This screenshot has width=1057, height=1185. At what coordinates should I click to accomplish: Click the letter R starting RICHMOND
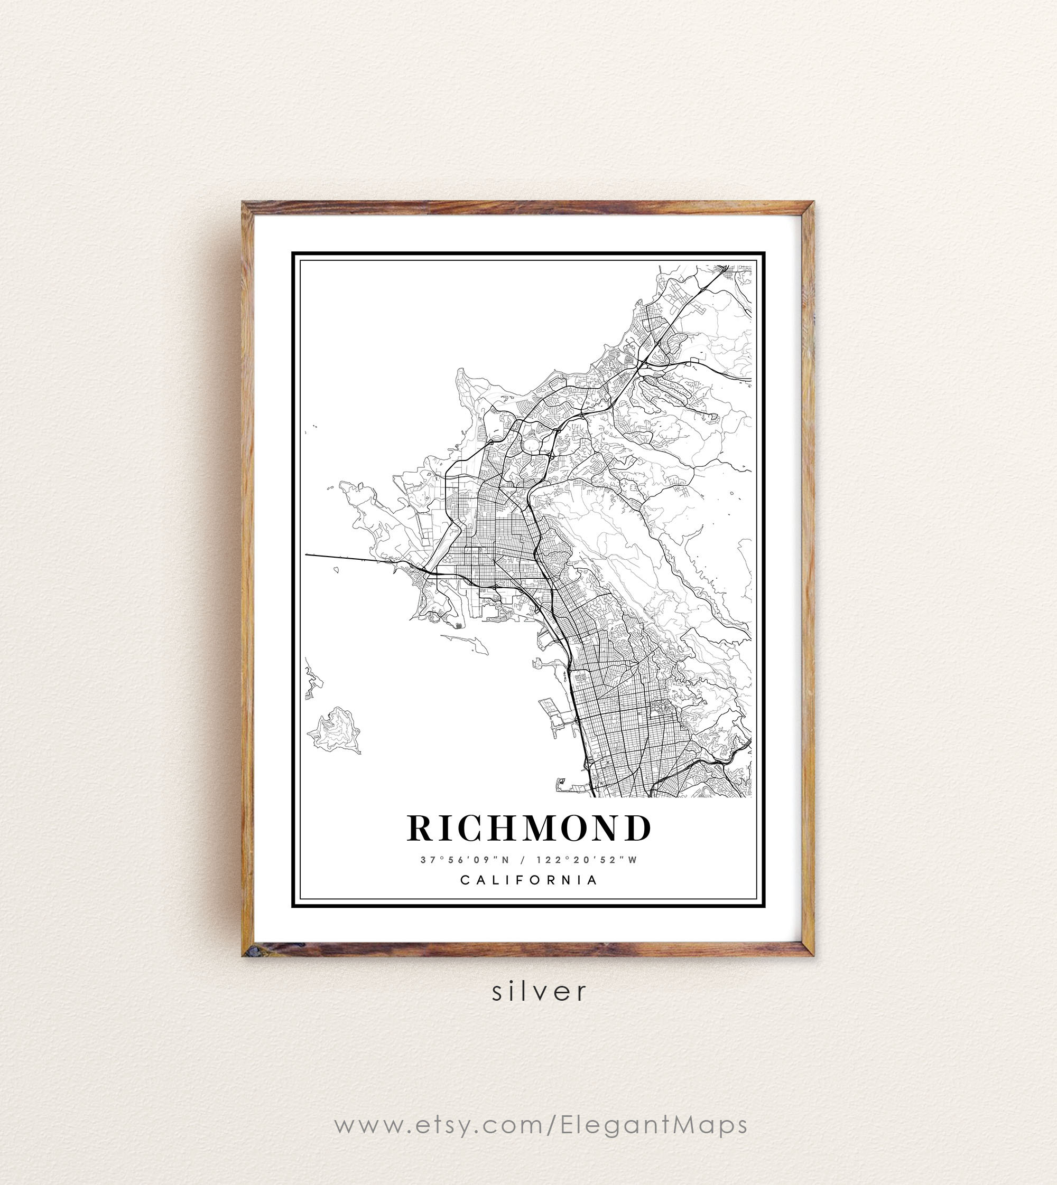click(x=421, y=828)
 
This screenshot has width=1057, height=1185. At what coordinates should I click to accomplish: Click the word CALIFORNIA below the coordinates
click(x=528, y=880)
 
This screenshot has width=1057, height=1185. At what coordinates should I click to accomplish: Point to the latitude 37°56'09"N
click(x=465, y=860)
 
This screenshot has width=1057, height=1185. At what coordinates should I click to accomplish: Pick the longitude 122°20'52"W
click(x=587, y=860)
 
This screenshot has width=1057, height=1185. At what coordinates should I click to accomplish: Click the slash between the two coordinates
click(x=523, y=860)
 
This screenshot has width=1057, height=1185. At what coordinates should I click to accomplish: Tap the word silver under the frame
click(x=539, y=991)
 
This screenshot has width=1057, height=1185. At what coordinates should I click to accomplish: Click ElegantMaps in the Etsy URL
click(x=654, y=1125)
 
